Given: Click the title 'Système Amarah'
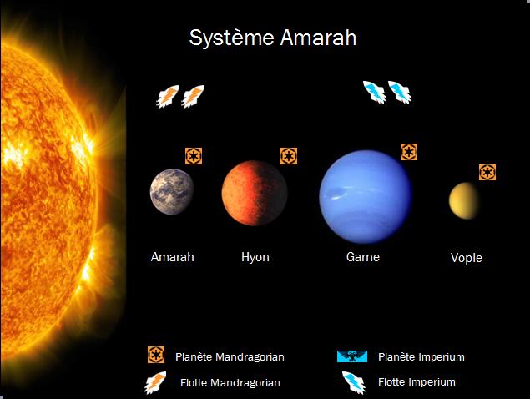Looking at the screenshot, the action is [272, 38].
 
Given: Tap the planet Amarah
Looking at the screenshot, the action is [172, 192].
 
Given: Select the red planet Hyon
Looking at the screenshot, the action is [255, 193].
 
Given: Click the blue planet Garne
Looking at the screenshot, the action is [366, 197].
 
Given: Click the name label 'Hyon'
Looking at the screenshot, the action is [255, 257].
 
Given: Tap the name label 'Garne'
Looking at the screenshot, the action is [363, 257].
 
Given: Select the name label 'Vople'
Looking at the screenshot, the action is [467, 258].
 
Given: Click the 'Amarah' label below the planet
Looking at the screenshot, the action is [173, 257].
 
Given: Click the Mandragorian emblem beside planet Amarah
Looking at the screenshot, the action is [194, 156].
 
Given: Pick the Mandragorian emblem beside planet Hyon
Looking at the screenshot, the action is [289, 156].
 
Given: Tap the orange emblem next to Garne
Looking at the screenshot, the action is [409, 152].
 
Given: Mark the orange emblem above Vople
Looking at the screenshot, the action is [487, 173].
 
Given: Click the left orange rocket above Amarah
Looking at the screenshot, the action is [167, 96].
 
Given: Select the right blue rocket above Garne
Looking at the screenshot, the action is [400, 92].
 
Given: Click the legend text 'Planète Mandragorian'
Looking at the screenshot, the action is [230, 357].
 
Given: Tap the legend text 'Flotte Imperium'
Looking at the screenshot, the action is [416, 382].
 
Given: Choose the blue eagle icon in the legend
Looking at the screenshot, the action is [352, 356].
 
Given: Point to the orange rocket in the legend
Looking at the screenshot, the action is [155, 383].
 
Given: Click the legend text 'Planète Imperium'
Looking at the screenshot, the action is [421, 356].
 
